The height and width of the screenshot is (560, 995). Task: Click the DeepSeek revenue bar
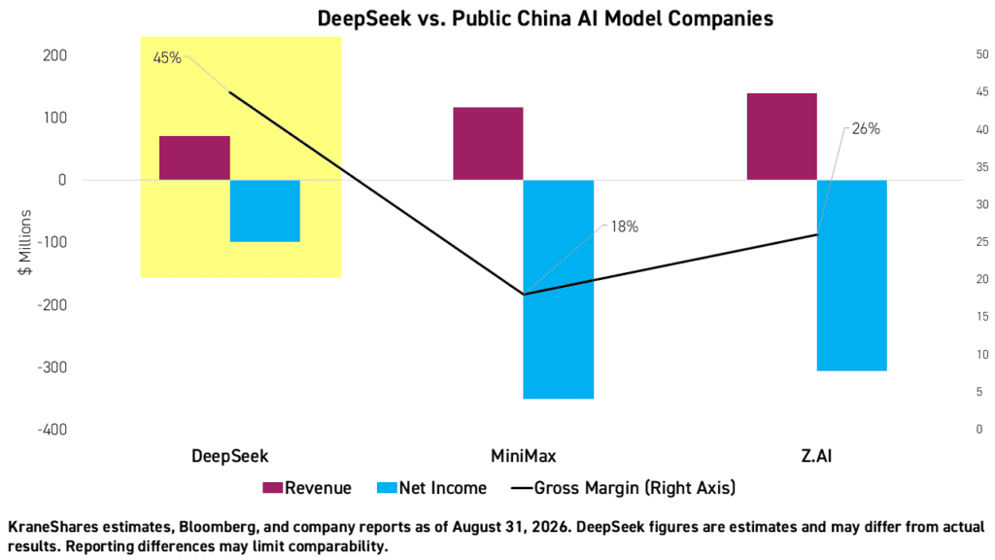pos(194,158)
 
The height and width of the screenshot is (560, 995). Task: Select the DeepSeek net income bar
pos(264,211)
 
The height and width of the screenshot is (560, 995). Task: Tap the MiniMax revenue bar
pos(488,144)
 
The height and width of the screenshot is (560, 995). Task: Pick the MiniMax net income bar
pos(559,289)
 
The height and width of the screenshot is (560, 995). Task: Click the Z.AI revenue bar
pos(782,136)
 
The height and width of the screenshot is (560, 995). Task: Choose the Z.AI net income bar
pos(851,275)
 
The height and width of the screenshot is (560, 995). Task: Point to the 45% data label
pos(167,57)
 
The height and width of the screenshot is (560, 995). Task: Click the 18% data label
pos(625,227)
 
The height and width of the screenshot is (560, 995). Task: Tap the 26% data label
pos(866,129)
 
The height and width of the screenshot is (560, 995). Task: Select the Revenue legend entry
pos(307,488)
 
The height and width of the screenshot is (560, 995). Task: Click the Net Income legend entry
pos(431,488)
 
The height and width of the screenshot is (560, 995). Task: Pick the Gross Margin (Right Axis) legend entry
pos(624,488)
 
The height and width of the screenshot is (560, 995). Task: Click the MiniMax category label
pos(524,456)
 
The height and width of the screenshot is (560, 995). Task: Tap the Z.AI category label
pos(816,456)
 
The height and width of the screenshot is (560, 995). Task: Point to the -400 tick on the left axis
pos(52,430)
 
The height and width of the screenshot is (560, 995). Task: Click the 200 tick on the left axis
pos(55,55)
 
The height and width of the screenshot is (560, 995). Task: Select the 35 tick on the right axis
pos(982,167)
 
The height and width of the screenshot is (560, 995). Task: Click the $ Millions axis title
pos(25,242)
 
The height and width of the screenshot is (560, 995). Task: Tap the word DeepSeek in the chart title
pos(364,18)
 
